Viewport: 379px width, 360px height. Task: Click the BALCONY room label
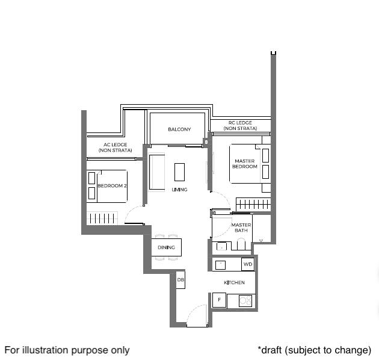tap(179, 129)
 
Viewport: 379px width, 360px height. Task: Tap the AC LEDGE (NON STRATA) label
tap(116, 147)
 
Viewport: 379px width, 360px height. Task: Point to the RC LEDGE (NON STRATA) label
tap(240, 126)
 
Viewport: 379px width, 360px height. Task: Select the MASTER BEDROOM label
tap(245, 164)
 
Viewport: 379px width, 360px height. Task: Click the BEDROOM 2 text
tap(112, 186)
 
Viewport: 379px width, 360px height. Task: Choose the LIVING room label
tap(179, 190)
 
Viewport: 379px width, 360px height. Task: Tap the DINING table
tap(166, 247)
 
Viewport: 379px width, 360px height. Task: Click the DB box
tap(180, 280)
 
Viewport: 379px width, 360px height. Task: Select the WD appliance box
tap(248, 264)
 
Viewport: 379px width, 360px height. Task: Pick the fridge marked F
tap(219, 300)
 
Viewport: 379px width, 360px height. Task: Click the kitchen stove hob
tap(245, 301)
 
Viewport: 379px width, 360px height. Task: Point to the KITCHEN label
tap(234, 282)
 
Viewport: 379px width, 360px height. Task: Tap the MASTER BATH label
tap(241, 228)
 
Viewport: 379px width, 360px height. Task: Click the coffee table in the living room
tap(180, 172)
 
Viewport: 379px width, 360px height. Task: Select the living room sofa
tap(156, 172)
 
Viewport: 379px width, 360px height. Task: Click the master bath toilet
tap(241, 244)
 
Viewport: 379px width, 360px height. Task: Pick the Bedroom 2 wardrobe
tap(102, 218)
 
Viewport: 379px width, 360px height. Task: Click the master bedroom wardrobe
tap(253, 205)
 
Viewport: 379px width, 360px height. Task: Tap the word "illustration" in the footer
tap(45, 350)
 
